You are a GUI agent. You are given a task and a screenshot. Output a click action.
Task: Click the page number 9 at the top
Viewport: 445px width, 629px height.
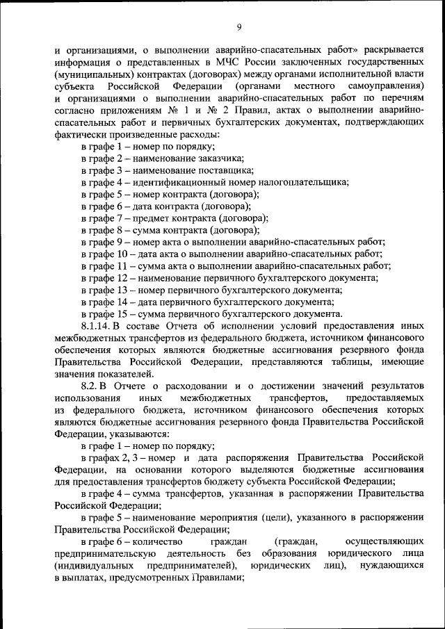238,27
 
